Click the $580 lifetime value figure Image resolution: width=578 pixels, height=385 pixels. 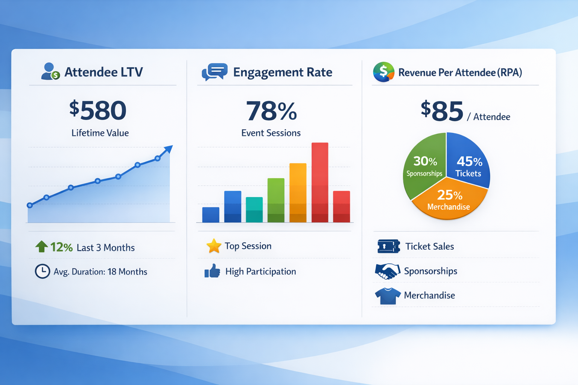[x=98, y=111]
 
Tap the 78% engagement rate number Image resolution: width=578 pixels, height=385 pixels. [x=271, y=111]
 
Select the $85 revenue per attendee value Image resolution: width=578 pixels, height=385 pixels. [x=442, y=111]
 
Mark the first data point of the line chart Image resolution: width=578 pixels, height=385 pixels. [x=30, y=205]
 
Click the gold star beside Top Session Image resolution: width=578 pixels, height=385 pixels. [x=214, y=246]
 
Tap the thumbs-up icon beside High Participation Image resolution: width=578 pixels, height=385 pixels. [x=213, y=271]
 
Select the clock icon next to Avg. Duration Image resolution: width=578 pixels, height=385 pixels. [x=43, y=271]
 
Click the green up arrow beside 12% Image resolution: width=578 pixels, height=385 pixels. [x=41, y=247]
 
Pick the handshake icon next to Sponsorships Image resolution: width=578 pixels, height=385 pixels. [x=387, y=271]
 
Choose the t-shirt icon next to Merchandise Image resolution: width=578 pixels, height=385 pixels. [x=388, y=296]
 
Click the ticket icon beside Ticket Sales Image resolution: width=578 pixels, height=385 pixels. [x=388, y=247]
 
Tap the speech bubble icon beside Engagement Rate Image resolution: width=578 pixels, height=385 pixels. [x=214, y=71]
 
